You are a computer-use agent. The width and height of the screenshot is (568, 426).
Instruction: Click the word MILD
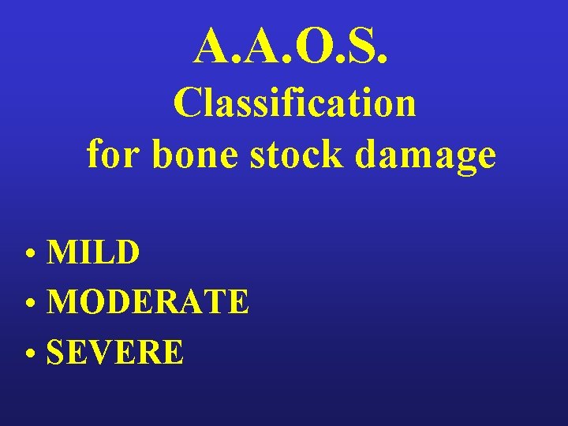[94, 253]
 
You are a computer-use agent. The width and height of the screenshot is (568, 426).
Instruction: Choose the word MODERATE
[148, 302]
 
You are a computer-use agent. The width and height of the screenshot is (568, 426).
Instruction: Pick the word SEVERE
[115, 352]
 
